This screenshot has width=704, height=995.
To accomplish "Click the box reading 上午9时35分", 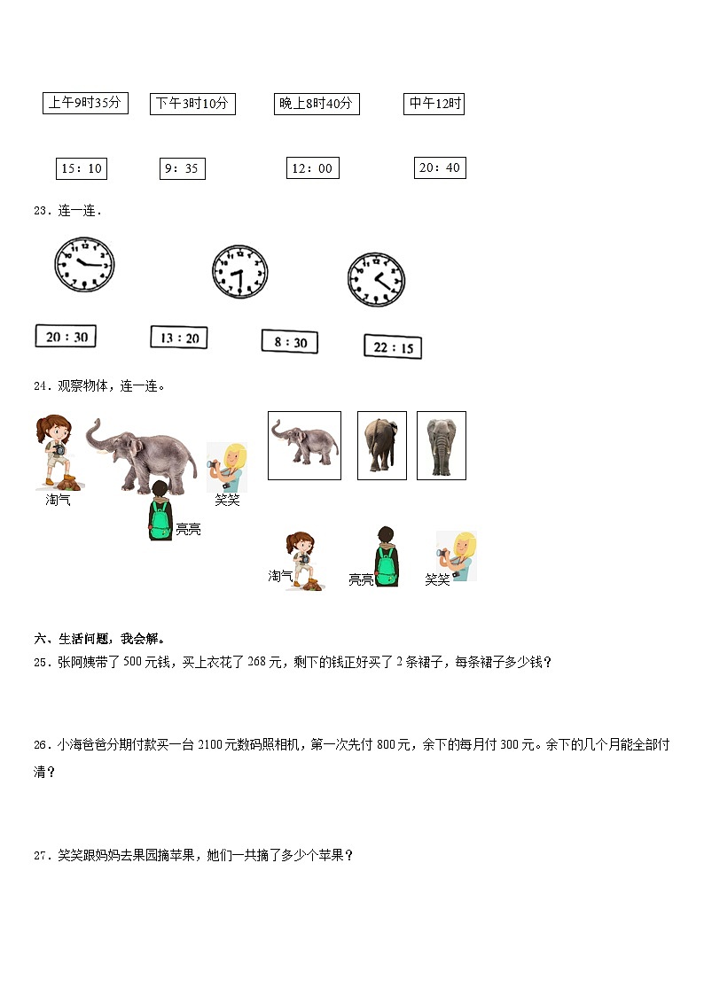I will pos(85,104).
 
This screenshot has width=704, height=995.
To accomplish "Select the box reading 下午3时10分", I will pos(192,104).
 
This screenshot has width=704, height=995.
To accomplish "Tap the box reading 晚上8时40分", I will pos(316,105).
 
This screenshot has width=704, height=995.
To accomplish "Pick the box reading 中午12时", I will pos(434,104).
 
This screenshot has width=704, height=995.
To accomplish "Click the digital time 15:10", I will pos(81,168).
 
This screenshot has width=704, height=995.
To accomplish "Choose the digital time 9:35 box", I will pos(182,168).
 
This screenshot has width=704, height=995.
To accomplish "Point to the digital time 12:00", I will pos(312,168).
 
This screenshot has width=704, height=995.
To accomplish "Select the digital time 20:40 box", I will pos(440,167).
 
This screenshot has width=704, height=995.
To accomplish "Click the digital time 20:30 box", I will pos(66,337).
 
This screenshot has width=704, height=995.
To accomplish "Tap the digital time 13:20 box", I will pos(179,338).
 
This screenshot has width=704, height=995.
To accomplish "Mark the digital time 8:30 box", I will pos(290,342).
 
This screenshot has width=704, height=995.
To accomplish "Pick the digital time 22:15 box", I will pos(393,347).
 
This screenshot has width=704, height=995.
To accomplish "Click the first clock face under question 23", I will pos(84,263).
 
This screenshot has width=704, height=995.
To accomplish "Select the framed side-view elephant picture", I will pos(304,445).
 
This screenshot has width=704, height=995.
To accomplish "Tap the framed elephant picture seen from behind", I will pos(381,445).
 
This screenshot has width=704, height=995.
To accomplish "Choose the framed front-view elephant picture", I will pos(441,445).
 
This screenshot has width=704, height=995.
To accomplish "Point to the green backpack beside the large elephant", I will pos(160,522).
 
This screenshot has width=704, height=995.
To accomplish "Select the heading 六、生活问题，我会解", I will pos(98,639).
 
